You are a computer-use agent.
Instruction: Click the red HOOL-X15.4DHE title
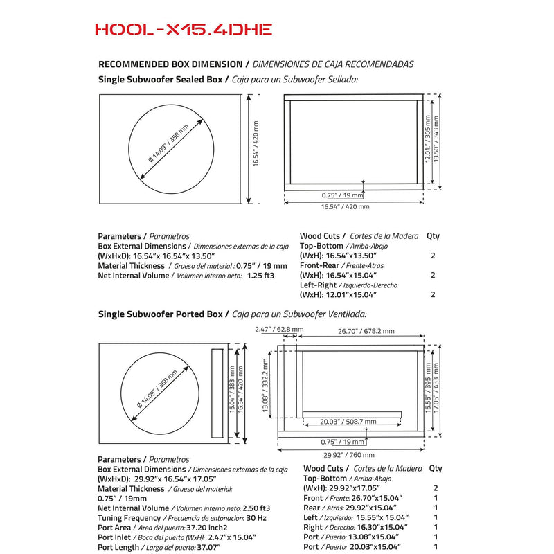pyautogui.click(x=183, y=29)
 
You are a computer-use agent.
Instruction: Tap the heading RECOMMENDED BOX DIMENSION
pyautogui.click(x=170, y=64)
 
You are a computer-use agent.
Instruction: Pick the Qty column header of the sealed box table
pyautogui.click(x=433, y=235)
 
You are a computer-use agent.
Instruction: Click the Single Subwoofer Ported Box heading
pyautogui.click(x=161, y=314)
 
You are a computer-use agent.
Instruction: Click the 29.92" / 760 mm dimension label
pyautogui.click(x=348, y=455)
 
